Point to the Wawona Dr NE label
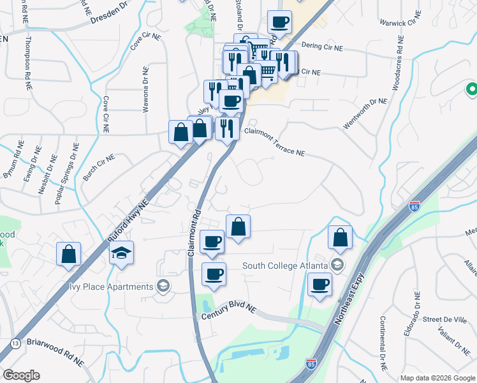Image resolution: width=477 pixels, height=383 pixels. click(145, 89)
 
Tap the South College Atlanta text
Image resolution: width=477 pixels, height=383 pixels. click(285, 266)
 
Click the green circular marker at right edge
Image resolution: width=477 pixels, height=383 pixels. click(472, 91)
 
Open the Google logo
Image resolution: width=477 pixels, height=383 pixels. click(21, 375)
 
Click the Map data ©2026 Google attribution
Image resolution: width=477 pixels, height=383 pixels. click(437, 378)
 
